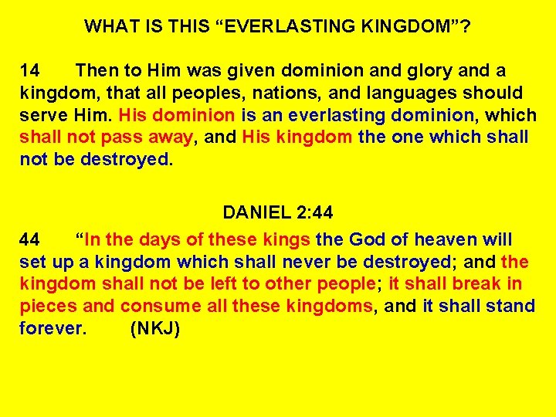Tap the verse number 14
tap(30, 71)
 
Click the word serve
tap(43, 116)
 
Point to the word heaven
tap(450, 240)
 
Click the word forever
tap(52, 329)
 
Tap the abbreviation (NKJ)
tap(155, 329)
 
